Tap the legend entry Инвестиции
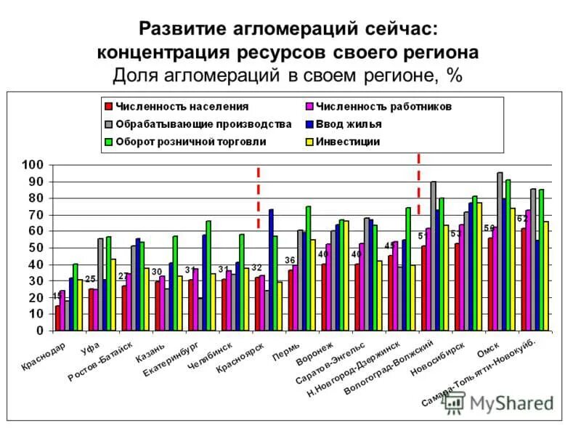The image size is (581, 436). tap(357, 141)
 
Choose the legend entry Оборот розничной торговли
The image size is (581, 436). tap(190, 141)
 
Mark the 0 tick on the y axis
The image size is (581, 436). tap(41, 331)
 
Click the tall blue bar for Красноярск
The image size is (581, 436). tap(271, 270)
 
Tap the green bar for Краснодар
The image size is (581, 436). tap(76, 297)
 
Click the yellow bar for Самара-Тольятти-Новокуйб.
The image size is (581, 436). tap(546, 276)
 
